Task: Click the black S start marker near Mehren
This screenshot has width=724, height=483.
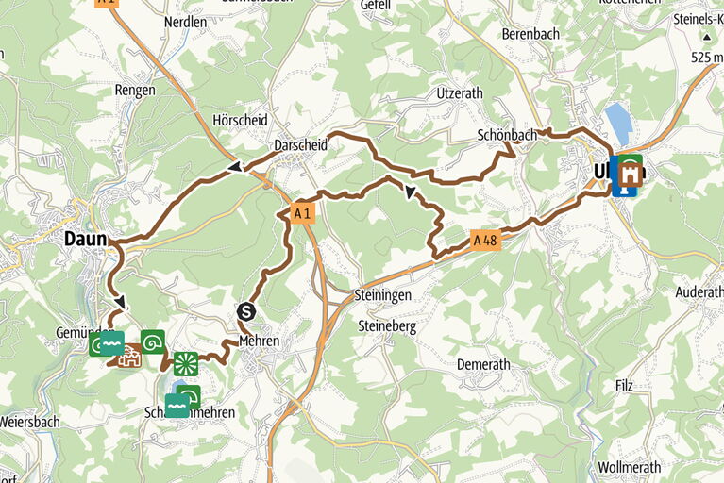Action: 246,311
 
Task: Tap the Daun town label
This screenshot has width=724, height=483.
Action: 85,240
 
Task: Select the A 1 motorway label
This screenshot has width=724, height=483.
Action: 302,214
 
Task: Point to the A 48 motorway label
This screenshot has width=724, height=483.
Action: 484,241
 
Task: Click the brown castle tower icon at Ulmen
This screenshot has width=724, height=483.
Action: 627,171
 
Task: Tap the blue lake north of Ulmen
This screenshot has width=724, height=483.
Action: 618,123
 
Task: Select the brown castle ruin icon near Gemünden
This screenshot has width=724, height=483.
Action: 128,356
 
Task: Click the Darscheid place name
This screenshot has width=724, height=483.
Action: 300,146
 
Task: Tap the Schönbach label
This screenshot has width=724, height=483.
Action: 507,135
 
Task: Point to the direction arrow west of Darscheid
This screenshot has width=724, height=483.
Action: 232,168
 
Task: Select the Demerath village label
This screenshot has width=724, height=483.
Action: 482,364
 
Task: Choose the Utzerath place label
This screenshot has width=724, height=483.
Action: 459,92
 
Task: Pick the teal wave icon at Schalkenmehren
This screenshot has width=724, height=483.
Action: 177,406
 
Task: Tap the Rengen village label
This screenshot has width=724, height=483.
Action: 134,90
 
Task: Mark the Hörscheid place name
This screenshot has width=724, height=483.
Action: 240,121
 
